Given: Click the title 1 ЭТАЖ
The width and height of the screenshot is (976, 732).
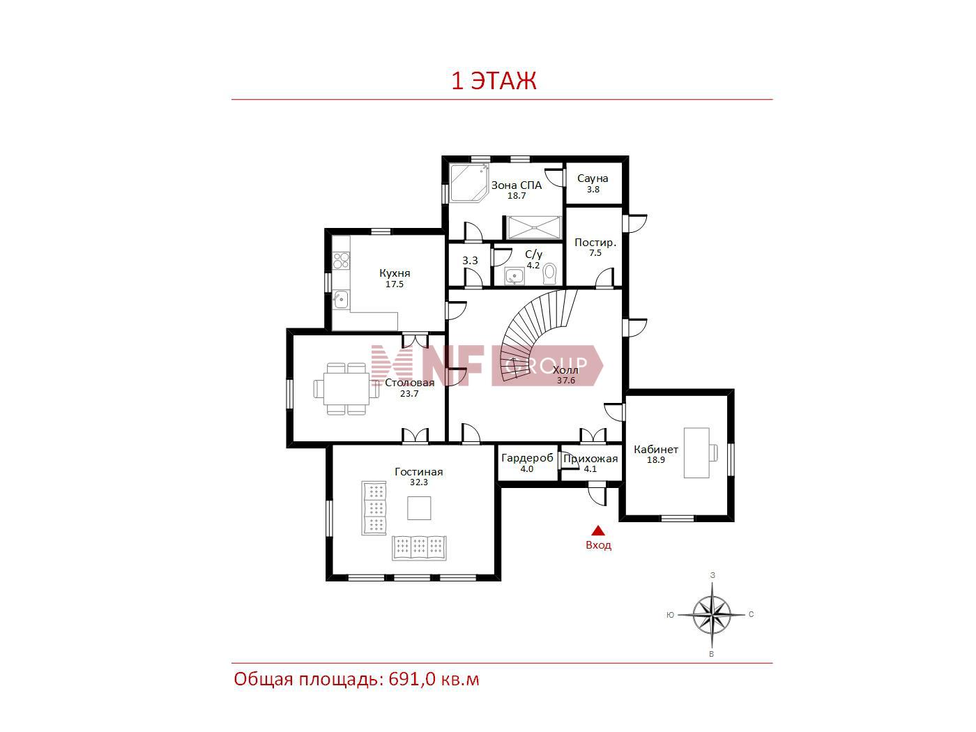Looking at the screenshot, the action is click(x=494, y=80).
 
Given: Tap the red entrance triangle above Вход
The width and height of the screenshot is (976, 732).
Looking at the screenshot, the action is click(x=597, y=530).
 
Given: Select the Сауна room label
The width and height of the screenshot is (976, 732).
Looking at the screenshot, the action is click(x=593, y=178).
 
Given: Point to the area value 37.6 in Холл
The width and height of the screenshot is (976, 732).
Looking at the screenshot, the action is click(x=565, y=381).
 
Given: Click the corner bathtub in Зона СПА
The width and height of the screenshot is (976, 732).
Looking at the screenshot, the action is click(x=468, y=183).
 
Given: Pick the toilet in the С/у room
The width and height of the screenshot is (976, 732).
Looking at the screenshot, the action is click(x=550, y=274).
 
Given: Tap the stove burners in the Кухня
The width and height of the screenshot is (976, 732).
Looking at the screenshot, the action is click(x=341, y=261).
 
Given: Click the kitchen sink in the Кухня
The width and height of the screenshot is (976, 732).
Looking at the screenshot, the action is click(x=341, y=299).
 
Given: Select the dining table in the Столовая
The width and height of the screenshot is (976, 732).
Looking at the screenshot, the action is click(x=346, y=388).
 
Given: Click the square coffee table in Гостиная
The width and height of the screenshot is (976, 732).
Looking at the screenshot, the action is click(x=419, y=508).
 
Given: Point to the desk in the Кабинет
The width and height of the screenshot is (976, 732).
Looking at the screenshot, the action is click(x=696, y=452).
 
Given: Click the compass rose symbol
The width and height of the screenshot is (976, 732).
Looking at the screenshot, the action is click(x=712, y=615).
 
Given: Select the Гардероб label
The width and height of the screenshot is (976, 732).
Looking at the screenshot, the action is click(x=527, y=458).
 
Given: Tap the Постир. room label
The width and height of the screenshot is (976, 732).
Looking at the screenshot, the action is click(x=595, y=243).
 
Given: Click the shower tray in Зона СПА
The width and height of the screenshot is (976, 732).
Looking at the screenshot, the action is click(x=533, y=227).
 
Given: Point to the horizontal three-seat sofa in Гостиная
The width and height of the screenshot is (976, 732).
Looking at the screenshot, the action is click(x=418, y=547).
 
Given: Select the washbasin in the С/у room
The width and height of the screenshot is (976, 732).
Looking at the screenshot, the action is click(x=514, y=276).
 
